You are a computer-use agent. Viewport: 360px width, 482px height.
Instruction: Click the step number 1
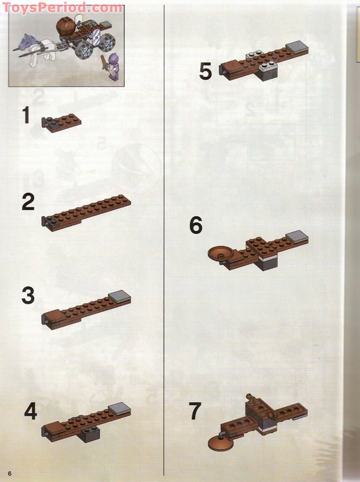point(25,115)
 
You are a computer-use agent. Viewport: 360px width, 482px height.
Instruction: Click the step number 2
point(28,202)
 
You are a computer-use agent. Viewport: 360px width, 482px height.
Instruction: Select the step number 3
point(28,296)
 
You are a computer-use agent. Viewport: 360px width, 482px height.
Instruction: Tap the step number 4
point(31,412)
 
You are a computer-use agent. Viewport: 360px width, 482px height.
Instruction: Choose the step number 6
point(196,225)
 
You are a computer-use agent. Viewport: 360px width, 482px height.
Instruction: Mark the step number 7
point(195,412)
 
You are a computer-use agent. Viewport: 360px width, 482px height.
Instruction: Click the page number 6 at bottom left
point(10,471)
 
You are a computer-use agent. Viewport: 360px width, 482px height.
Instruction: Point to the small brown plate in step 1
point(63,120)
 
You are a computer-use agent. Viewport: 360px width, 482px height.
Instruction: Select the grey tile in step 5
point(295,47)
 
